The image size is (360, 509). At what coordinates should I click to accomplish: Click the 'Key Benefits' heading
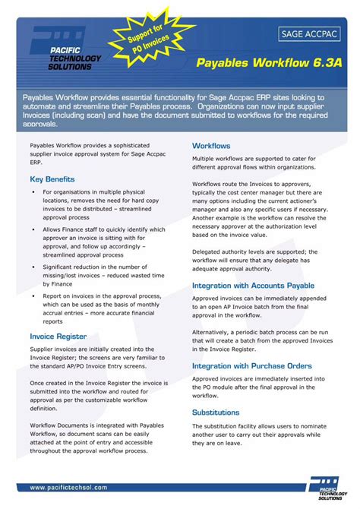coord(52,179)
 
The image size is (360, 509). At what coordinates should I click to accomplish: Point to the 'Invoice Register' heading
coord(58,336)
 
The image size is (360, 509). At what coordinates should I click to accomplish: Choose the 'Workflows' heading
coord(211,145)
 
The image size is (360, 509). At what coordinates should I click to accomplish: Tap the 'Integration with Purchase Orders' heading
coord(252,366)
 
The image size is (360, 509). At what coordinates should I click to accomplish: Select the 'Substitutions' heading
coord(216,413)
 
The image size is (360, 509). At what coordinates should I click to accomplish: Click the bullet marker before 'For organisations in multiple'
coord(33,193)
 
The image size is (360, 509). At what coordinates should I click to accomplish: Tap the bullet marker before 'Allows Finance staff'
coord(33,229)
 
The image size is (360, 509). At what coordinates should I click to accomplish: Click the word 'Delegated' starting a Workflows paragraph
coord(209,251)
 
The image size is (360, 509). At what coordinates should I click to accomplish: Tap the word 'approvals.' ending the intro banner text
coord(40,123)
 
